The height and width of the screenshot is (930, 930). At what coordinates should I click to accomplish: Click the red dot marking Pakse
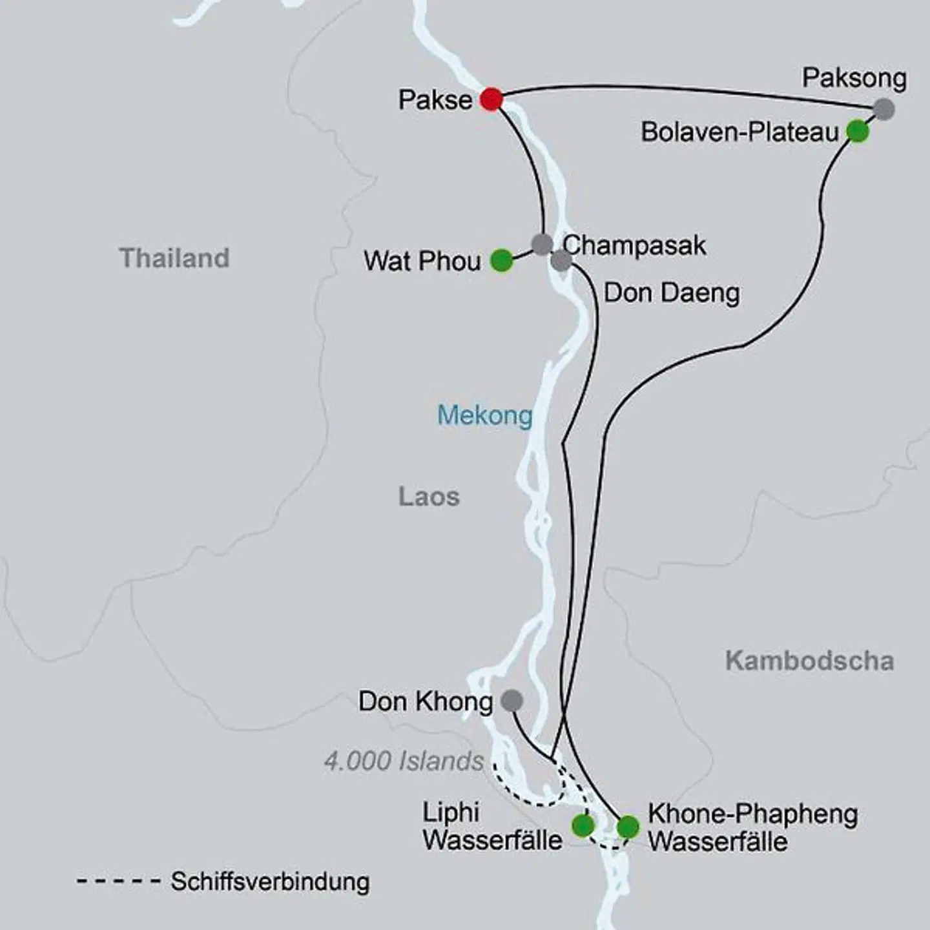point(491,99)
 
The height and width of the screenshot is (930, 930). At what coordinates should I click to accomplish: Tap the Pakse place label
point(435,100)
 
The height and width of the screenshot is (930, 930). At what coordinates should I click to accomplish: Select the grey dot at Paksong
point(883,109)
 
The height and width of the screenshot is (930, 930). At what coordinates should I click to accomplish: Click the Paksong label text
point(854,78)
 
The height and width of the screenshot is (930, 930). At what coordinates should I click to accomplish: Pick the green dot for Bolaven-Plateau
point(858,132)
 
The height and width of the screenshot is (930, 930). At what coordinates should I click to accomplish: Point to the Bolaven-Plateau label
point(739,132)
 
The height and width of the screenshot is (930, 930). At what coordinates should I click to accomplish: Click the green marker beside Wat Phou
point(501,261)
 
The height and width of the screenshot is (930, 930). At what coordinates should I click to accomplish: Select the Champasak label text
point(634,246)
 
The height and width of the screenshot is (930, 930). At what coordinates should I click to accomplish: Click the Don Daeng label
point(672,293)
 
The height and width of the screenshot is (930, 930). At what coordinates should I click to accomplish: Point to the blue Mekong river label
point(485,415)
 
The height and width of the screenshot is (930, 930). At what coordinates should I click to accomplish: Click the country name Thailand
point(174,258)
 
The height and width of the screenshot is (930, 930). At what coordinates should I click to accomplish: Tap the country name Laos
point(429,497)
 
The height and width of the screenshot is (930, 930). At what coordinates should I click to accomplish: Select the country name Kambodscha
point(809,661)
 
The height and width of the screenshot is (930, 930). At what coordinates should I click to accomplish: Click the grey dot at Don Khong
point(512,700)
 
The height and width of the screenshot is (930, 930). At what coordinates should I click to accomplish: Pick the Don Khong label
point(425,701)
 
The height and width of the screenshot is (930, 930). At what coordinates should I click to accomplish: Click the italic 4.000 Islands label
point(404,761)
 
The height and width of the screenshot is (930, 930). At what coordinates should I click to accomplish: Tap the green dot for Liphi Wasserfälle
point(583,825)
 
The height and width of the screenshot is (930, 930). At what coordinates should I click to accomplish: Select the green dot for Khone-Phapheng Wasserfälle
point(628,827)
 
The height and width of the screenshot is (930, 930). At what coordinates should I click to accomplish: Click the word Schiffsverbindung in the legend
point(270,882)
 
